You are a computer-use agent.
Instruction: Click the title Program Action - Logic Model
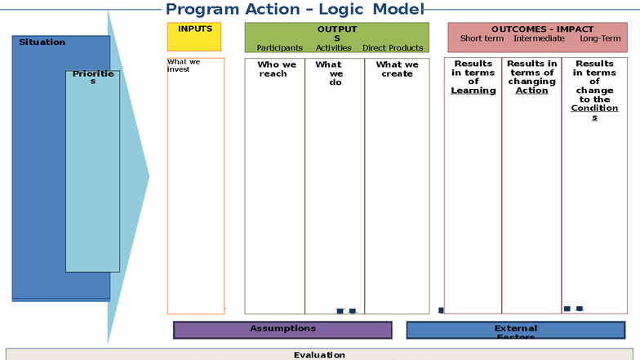point(295,10)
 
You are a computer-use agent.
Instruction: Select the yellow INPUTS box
point(194,37)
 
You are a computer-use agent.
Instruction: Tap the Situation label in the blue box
point(42,42)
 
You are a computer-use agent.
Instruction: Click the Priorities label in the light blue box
point(92,78)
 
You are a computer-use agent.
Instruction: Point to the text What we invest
point(184,65)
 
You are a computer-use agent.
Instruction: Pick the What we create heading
point(396,69)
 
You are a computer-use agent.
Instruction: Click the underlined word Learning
point(473,91)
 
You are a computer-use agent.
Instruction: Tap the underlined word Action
point(531,91)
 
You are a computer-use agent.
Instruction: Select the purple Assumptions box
point(282,329)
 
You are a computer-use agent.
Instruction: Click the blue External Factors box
point(516,331)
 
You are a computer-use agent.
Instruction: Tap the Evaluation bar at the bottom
point(319,354)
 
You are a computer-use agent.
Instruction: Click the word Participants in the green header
point(279,48)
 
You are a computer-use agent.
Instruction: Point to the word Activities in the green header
point(333,48)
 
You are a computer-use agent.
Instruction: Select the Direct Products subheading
point(393,48)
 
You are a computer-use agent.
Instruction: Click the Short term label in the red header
point(482,38)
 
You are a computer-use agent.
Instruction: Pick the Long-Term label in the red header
point(600,38)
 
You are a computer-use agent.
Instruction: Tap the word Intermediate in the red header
point(539,38)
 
